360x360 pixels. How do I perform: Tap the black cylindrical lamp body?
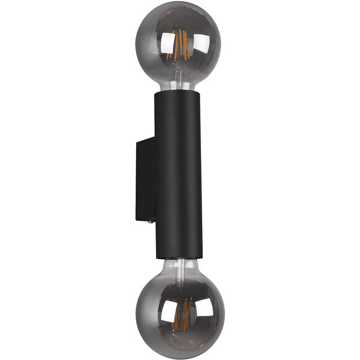179,174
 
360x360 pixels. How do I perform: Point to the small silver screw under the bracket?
149,221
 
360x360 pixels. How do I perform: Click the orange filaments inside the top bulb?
180,45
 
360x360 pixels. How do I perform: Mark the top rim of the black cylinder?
179,93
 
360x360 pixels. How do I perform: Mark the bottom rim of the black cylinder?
179,258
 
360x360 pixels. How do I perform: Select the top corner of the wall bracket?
138,140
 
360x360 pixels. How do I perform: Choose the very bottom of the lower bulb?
180,355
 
